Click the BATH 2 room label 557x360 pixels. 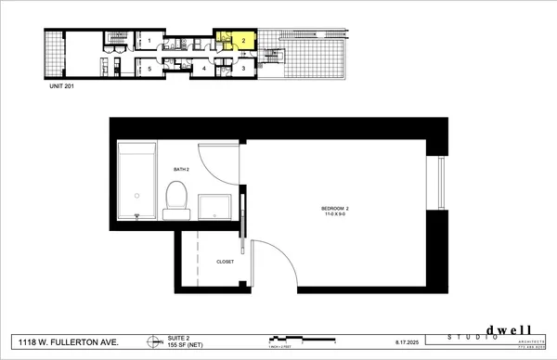pyautogui.click(x=181, y=169)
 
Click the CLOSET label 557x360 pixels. pyautogui.click(x=226, y=262)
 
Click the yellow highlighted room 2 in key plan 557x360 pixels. pyautogui.click(x=240, y=40)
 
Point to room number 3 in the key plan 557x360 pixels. pyautogui.click(x=242, y=68)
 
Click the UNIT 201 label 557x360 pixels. pyautogui.click(x=62, y=86)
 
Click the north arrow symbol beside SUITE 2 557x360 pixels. pyautogui.click(x=151, y=341)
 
